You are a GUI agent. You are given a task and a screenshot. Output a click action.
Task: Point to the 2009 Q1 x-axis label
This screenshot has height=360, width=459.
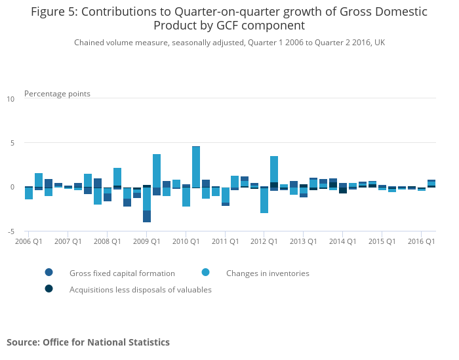(x=146, y=241)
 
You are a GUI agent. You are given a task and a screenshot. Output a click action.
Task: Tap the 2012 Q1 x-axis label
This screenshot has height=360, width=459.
(x=264, y=241)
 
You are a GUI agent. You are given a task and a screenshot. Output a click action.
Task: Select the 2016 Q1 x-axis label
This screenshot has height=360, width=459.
(x=421, y=241)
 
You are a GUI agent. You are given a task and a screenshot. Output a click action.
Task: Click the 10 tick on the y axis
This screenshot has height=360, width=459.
(x=10, y=99)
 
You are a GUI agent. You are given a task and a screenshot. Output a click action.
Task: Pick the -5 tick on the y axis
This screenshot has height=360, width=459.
(x=10, y=231)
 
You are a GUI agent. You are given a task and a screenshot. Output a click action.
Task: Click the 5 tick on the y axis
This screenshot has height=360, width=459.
(x=11, y=143)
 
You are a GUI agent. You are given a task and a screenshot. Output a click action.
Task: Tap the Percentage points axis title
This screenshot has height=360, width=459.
(x=57, y=94)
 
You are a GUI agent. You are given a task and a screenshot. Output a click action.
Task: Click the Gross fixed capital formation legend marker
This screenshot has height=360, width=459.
(x=49, y=273)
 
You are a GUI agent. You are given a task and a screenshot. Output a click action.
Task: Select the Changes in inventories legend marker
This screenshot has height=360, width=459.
(x=206, y=273)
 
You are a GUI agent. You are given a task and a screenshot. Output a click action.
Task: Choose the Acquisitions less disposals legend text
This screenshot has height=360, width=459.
(x=140, y=289)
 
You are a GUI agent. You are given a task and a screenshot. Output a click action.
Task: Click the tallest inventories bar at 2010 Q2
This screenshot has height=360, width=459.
(x=196, y=167)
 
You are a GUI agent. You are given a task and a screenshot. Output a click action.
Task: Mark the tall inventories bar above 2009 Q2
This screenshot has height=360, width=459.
(x=157, y=170)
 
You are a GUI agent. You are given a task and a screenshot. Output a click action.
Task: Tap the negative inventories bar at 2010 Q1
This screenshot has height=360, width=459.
(x=186, y=197)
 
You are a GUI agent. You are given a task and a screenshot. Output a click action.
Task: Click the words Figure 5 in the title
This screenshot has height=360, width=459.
(x=54, y=12)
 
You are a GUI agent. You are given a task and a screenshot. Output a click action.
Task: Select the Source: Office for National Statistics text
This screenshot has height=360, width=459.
(x=88, y=342)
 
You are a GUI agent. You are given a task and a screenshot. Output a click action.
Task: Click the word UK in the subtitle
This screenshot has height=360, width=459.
(x=380, y=43)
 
